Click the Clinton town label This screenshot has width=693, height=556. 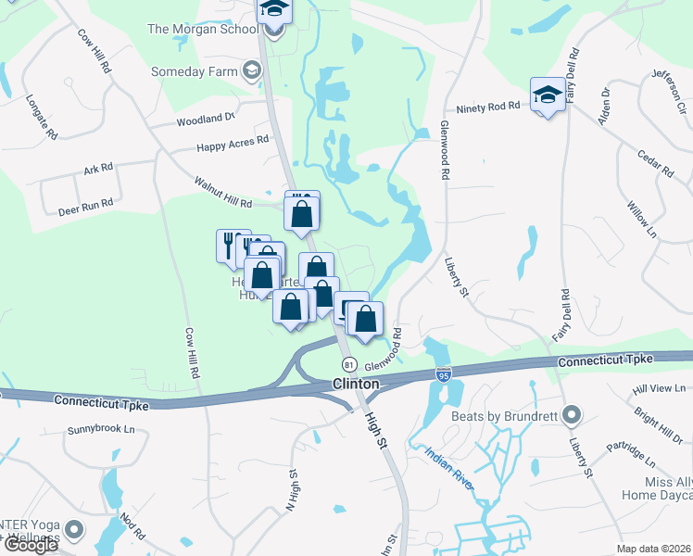[356, 384]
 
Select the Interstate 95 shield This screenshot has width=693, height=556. [444, 374]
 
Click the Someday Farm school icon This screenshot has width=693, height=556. [251, 70]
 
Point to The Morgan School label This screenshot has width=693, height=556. [203, 29]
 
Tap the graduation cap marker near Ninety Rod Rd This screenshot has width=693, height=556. [548, 95]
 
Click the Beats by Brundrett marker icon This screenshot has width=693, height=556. [572, 415]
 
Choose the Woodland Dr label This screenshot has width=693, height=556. [207, 120]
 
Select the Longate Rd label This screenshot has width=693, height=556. [43, 117]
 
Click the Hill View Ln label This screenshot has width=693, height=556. [660, 387]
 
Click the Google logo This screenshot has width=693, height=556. [31, 545]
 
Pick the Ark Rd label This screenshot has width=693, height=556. [97, 168]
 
